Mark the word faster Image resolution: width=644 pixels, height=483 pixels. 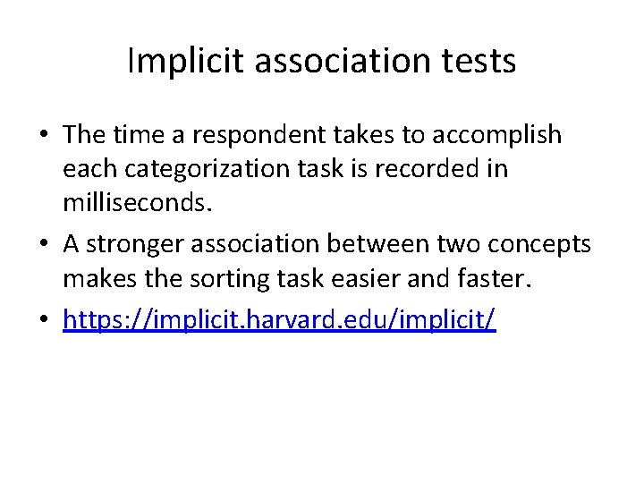[495, 279]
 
